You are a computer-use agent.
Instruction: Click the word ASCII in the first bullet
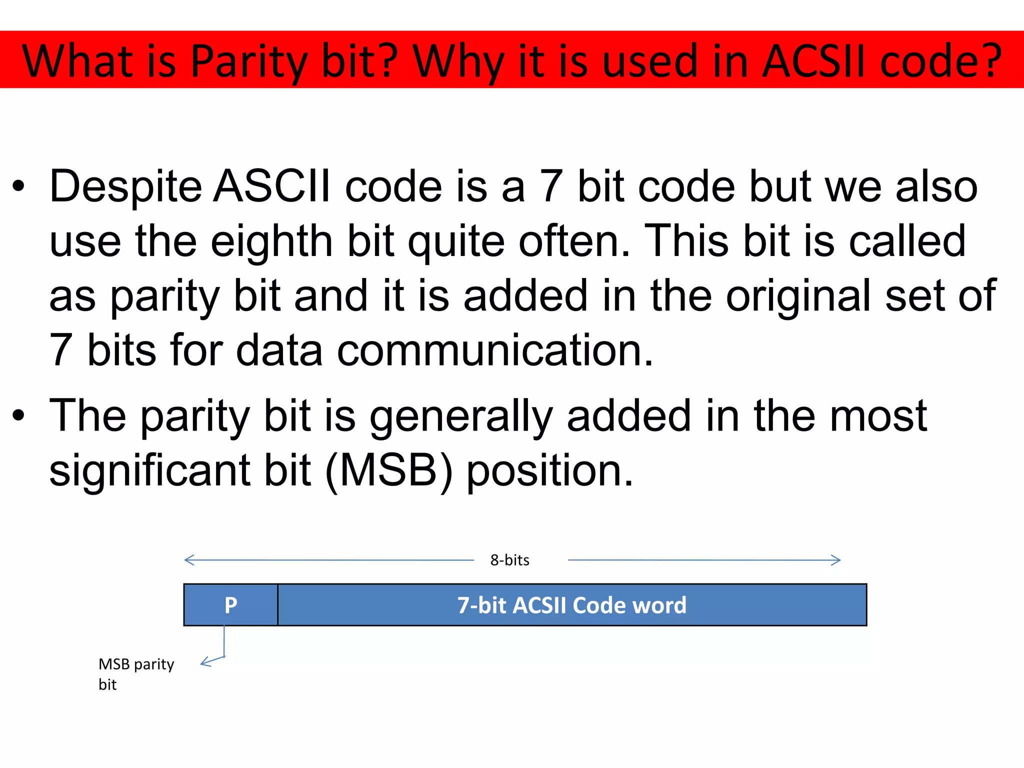[272, 186]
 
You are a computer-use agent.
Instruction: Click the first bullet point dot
[18, 186]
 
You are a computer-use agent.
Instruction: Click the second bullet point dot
[18, 415]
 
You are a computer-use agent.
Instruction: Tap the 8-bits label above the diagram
[509, 560]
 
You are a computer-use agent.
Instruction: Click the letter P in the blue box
[230, 605]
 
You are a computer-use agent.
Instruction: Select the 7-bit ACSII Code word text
[571, 605]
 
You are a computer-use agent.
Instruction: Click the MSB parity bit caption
[136, 673]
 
